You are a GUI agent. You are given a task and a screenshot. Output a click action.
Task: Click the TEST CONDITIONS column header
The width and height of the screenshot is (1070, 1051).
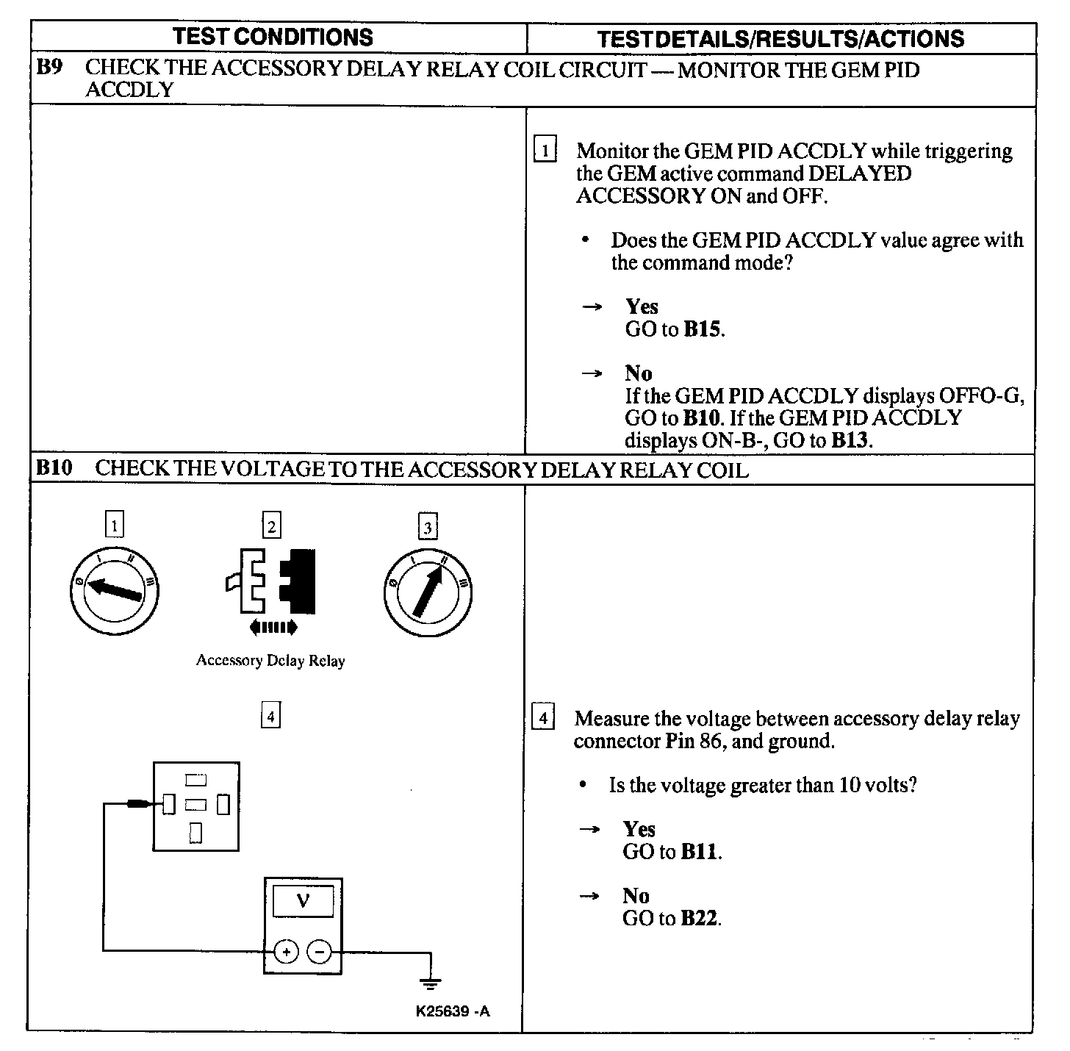(x=273, y=37)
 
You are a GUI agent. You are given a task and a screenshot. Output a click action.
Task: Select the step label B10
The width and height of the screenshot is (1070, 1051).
(x=54, y=468)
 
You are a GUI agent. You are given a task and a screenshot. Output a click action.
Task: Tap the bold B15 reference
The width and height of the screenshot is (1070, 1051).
(x=703, y=329)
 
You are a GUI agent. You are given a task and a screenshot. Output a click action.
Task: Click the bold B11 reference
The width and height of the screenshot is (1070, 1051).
(x=700, y=852)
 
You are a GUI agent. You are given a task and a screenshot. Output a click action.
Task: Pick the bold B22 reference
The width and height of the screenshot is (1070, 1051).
(x=700, y=918)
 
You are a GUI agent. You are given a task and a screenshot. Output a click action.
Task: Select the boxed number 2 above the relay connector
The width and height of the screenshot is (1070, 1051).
(x=272, y=526)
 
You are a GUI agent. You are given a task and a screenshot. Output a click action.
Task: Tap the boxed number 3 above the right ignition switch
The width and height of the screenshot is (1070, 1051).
(x=428, y=526)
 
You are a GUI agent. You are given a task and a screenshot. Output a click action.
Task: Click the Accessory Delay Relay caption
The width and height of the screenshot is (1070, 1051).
(x=270, y=660)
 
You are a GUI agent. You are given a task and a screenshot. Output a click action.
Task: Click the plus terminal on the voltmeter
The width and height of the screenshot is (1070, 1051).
(x=287, y=952)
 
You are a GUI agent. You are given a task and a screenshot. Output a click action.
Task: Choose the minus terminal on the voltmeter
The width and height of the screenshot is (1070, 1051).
(x=319, y=952)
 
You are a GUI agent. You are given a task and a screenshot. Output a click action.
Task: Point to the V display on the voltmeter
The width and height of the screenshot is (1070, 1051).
(x=303, y=901)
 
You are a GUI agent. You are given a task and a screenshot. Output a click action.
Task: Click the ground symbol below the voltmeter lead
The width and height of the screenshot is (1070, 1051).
(x=430, y=982)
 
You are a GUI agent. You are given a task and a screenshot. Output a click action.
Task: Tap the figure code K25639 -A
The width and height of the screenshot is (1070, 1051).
(x=453, y=1011)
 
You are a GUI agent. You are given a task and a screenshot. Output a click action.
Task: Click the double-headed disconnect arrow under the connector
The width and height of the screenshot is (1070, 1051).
(x=273, y=627)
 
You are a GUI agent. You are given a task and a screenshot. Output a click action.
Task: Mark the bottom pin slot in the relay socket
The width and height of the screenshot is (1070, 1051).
(x=195, y=832)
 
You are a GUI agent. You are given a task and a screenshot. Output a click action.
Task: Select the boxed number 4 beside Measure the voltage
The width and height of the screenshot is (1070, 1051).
(x=542, y=717)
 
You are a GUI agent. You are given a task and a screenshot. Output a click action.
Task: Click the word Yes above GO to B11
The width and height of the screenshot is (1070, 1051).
(x=639, y=829)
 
